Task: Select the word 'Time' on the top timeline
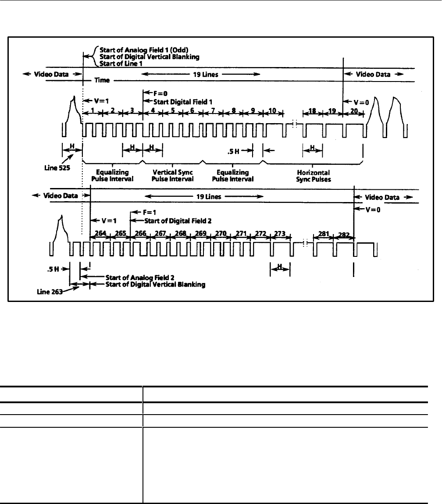pos(103,81)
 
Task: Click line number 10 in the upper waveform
pos(273,111)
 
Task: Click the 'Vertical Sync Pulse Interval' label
pos(173,176)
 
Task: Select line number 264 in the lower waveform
pos(100,234)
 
